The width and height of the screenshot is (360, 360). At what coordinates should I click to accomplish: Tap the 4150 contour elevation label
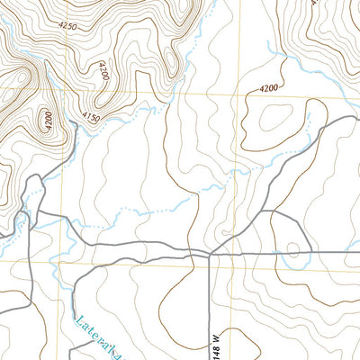click(x=90, y=117)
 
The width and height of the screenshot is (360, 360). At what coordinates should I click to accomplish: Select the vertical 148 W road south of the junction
click(x=209, y=306)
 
